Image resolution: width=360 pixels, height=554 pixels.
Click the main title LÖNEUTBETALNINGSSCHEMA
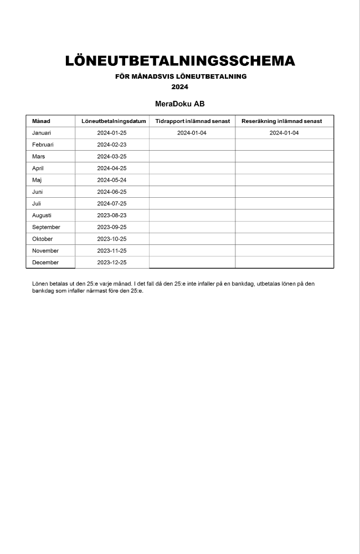(180, 61)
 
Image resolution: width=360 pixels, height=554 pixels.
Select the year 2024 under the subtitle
(180, 87)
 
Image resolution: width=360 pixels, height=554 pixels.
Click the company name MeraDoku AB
(180, 104)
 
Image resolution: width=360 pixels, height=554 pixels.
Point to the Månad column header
(41, 121)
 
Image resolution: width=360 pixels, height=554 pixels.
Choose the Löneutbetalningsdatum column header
(112, 121)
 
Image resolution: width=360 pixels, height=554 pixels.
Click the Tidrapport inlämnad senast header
(192, 121)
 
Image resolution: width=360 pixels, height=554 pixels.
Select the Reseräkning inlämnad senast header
(284, 121)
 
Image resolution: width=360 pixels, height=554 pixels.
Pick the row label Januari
(42, 133)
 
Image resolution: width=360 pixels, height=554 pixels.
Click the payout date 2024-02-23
(112, 145)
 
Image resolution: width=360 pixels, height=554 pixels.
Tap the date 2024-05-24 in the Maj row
(112, 180)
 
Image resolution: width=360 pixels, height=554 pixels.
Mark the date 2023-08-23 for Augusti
(112, 216)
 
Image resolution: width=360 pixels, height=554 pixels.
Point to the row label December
(45, 263)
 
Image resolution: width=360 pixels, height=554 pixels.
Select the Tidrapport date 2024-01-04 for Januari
(192, 133)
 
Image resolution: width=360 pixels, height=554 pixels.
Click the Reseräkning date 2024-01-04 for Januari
(284, 133)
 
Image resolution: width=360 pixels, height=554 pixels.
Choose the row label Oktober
(43, 239)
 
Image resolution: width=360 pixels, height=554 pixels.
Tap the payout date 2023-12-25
(112, 263)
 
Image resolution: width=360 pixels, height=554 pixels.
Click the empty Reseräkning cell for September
(284, 227)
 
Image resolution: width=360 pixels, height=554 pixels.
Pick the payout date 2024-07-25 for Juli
(112, 203)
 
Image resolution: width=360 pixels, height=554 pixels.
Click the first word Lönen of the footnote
(40, 284)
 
